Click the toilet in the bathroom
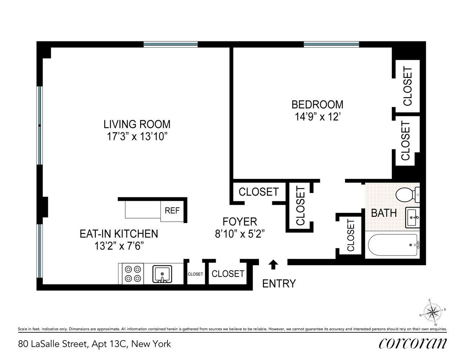pos(407,194)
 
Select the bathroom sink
pos(412,217)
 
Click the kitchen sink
pos(162,274)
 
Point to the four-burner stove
pos(133,274)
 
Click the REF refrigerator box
pos(172,211)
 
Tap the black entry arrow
pos(273,265)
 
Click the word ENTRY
pos(279,284)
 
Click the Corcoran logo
pos(413,343)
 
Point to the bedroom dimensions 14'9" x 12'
pos(318,117)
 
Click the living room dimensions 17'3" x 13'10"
pos(137,136)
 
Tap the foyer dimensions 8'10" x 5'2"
pos(240,234)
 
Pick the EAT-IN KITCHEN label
pos(119,234)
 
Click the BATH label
pos(384,213)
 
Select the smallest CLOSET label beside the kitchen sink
pos(195,274)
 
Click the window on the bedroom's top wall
pos(332,45)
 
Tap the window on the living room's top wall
pos(170,45)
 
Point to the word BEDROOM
pos(317,104)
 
